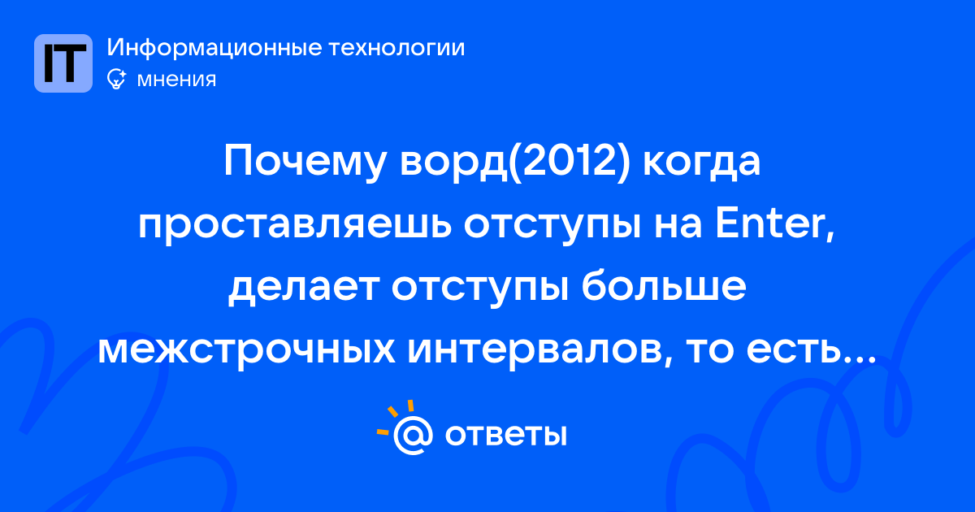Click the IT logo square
[x=63, y=63]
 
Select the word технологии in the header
[x=396, y=48]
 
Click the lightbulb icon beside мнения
[x=116, y=79]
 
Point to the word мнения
[x=176, y=80]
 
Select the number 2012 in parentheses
[x=569, y=162]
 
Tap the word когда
[x=702, y=162]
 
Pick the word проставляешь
[x=295, y=227]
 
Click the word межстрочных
[x=247, y=350]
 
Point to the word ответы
[x=505, y=435]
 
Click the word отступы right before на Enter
[x=552, y=227]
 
